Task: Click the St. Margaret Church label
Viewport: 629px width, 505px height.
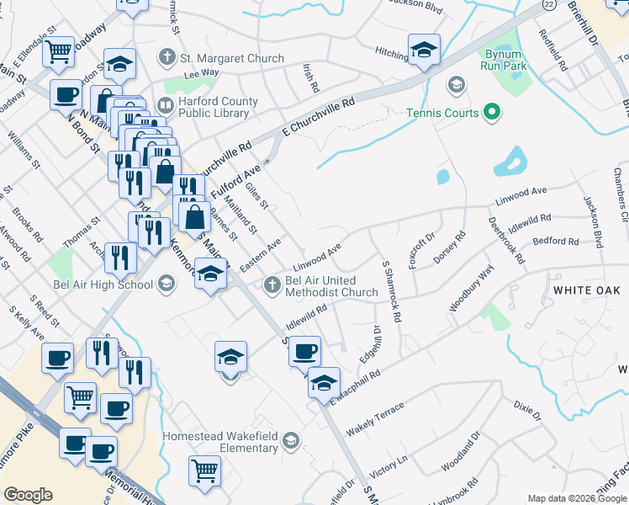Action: pos(230,59)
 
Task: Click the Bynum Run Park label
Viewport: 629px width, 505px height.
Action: pos(503,56)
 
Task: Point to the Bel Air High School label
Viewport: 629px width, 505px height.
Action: pos(101,284)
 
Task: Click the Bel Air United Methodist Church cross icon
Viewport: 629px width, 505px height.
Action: pos(272,284)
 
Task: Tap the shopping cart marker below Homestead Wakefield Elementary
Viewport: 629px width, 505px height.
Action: pos(204,470)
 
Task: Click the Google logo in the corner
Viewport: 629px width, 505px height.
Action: pos(29,495)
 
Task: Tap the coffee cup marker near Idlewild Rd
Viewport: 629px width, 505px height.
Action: pos(304,351)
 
